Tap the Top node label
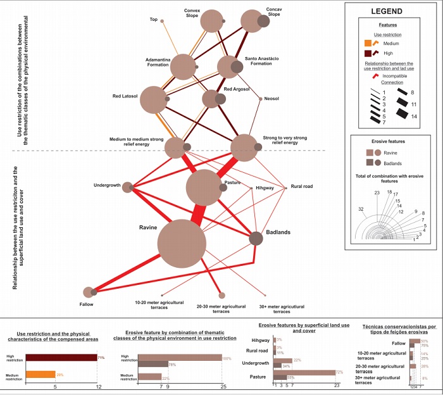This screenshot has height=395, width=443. pyautogui.click(x=153, y=20)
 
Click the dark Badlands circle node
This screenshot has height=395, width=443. pyautogui.click(x=256, y=238)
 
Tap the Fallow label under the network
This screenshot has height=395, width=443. pyautogui.click(x=87, y=303)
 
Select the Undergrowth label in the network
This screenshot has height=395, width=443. pyautogui.click(x=107, y=185)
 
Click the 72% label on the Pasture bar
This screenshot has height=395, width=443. pyautogui.click(x=339, y=372)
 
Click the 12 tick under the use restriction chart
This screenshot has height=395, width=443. pyautogui.click(x=97, y=386)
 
